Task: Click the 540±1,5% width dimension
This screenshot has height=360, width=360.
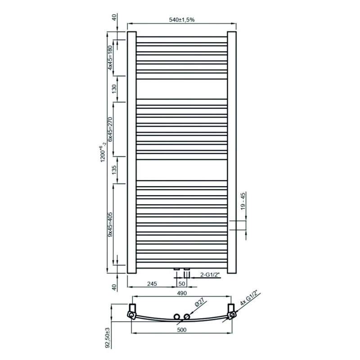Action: (x=182, y=20)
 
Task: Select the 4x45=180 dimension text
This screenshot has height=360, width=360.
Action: (x=111, y=57)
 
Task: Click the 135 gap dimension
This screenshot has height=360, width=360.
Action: (x=114, y=170)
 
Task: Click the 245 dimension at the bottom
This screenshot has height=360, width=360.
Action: (x=151, y=284)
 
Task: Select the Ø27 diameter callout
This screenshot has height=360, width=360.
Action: (x=200, y=304)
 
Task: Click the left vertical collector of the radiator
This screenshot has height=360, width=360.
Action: (x=132, y=152)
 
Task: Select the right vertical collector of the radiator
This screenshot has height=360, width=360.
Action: (x=232, y=152)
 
